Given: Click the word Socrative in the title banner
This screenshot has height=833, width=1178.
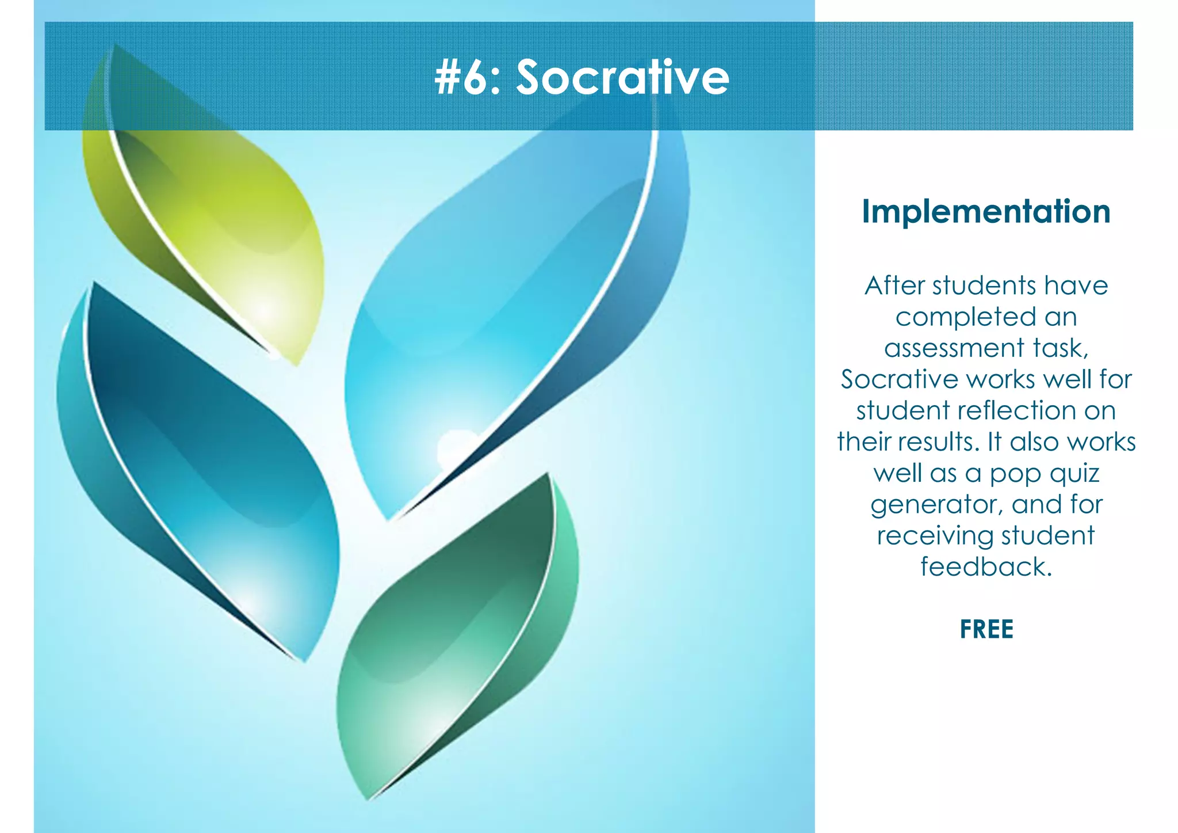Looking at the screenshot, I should pos(622,78).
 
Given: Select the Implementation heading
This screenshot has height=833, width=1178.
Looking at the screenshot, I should pos(986,212).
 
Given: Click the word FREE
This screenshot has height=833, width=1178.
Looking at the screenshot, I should pos(986,629).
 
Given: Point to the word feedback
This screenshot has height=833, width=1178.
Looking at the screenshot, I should pos(986,566).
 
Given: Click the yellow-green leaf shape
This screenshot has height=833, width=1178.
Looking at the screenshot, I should pos(219,219).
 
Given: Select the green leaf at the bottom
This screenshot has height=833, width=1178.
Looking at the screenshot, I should pos(460,633).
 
